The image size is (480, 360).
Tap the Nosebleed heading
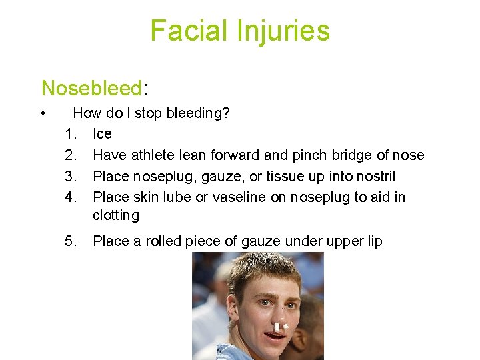click(x=91, y=88)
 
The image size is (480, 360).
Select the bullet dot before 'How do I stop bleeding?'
click(x=42, y=113)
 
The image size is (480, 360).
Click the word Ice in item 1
click(x=102, y=134)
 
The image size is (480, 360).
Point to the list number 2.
click(x=71, y=155)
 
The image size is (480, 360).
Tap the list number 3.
click(x=71, y=177)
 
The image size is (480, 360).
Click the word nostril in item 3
click(x=374, y=177)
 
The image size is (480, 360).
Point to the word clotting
click(x=115, y=215)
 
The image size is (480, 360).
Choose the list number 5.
click(x=71, y=241)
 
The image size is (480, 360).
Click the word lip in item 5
click(x=373, y=241)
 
